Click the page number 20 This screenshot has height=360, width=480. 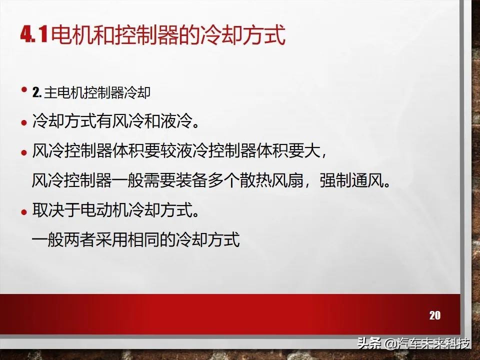[434, 315]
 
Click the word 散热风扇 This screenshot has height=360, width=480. [273, 180]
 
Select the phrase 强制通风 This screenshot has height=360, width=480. [353, 180]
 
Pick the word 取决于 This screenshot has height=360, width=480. [56, 210]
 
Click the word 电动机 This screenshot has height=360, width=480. [104, 210]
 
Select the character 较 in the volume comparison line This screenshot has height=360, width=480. [168, 151]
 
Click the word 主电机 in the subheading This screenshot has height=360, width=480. [60, 93]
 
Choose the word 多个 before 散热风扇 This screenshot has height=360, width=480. [224, 180]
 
